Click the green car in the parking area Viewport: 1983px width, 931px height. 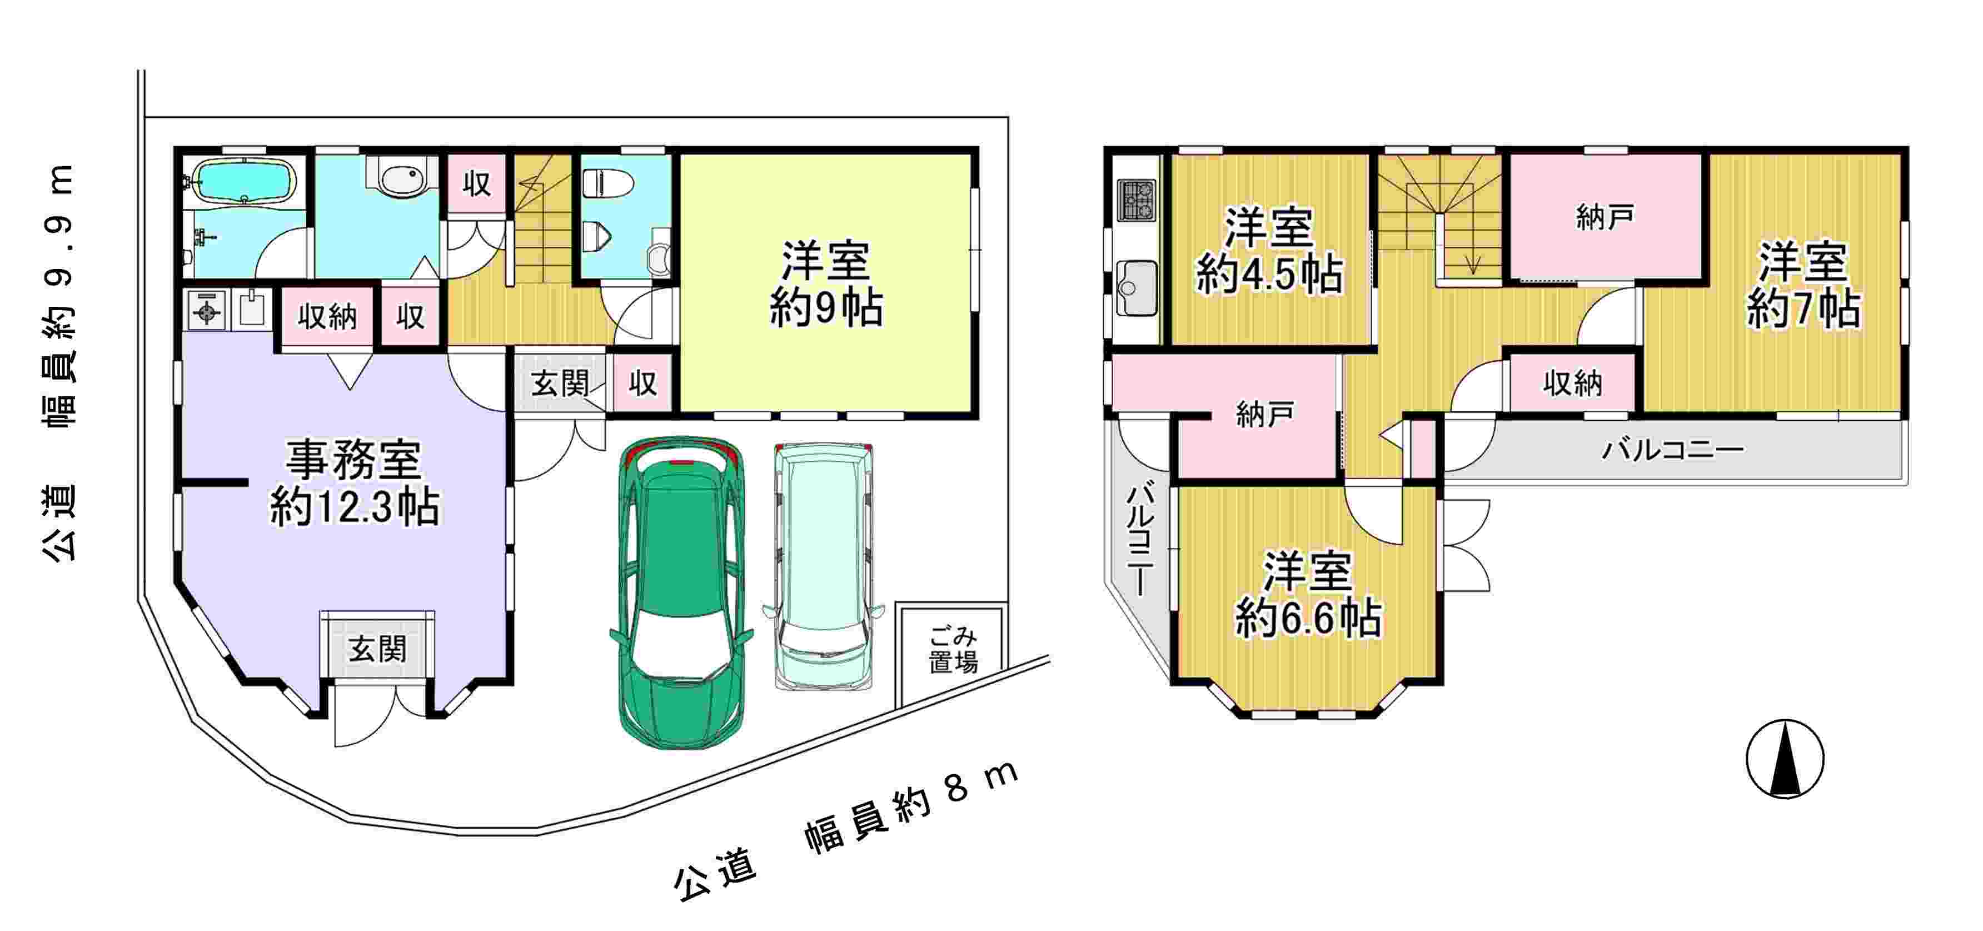[681, 593]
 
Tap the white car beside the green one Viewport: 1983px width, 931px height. [823, 566]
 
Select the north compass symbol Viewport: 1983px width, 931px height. [1785, 759]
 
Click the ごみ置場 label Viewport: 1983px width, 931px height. [953, 649]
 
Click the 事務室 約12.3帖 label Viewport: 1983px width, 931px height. [354, 483]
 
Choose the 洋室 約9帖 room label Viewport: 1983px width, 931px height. [826, 284]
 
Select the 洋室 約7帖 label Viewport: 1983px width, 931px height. [1803, 285]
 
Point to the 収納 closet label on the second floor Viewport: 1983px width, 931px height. [1572, 383]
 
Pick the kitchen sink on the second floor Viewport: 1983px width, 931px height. [1136, 288]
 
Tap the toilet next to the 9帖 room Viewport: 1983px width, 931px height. [607, 184]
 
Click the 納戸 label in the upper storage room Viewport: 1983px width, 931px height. [1605, 218]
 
